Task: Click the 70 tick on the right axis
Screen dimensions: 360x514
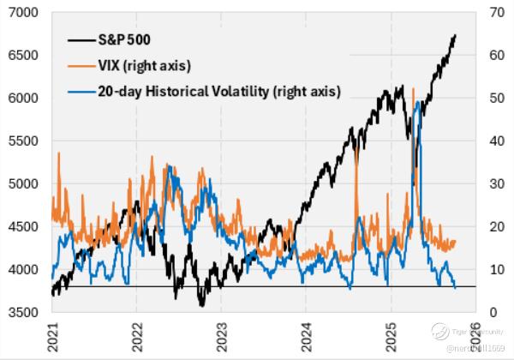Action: point(495,12)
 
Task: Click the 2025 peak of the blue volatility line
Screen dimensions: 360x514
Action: point(417,101)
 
